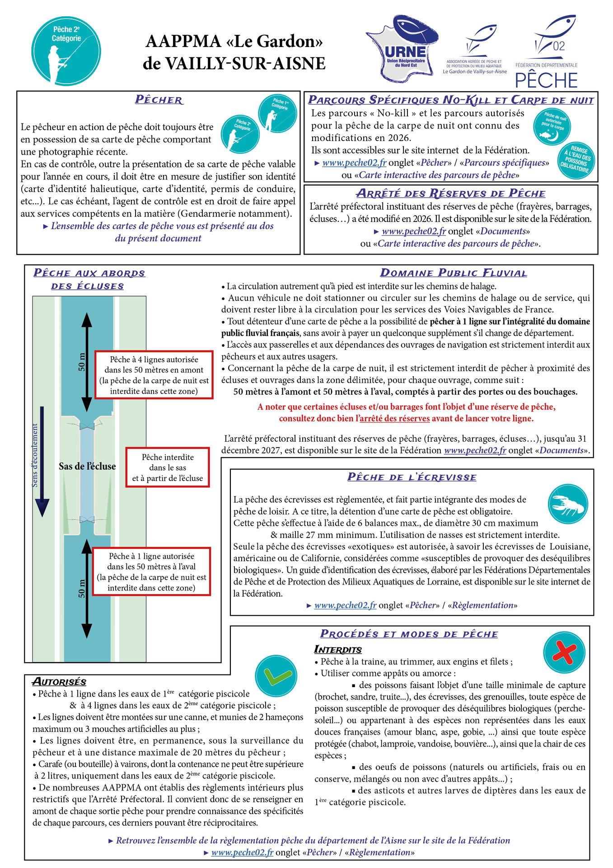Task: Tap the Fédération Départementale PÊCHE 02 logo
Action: coord(547,52)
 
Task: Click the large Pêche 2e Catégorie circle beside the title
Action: coord(67,51)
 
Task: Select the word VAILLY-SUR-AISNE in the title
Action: coord(234,64)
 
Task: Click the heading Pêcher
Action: coord(159,100)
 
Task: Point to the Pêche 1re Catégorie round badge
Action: coord(277,114)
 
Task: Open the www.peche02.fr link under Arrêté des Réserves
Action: coord(413,231)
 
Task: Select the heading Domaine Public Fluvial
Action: coord(454,273)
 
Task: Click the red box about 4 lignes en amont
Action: coord(154,375)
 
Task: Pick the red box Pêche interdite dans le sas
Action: coord(168,467)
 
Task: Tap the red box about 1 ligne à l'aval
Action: coord(152,572)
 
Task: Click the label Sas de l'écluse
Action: coord(87,467)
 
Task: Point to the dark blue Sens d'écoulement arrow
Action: coord(42,461)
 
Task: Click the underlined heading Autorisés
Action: coord(59,682)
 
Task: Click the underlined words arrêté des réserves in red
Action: coord(394,419)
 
